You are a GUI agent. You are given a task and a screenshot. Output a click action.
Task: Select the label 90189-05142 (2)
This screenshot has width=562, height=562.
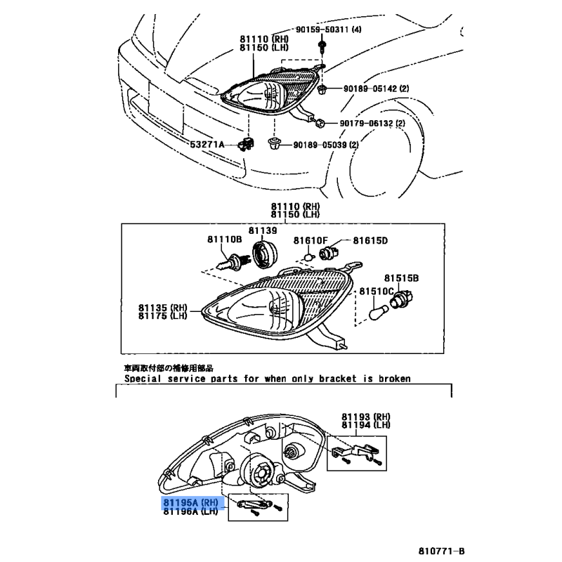[x=376, y=89]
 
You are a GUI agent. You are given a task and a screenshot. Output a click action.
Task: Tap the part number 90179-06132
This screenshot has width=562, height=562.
[x=366, y=124]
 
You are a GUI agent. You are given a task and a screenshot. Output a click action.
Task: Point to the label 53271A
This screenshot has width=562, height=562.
[x=207, y=145]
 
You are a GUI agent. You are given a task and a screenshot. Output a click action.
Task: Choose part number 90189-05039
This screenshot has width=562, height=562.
[x=320, y=145]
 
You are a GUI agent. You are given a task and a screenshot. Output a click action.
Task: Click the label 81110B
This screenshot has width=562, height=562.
[x=224, y=239]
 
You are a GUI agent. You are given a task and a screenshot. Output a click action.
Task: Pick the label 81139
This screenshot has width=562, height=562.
[x=263, y=230]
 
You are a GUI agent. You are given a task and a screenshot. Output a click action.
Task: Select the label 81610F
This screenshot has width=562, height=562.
[x=311, y=240]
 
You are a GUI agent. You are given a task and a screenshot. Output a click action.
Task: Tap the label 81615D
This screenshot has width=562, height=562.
[x=370, y=240]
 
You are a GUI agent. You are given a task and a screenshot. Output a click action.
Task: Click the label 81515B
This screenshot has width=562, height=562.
[x=401, y=278]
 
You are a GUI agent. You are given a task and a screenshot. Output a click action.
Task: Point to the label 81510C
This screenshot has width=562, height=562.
[x=377, y=291]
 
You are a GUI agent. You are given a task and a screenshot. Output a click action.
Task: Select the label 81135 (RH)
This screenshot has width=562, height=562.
[x=163, y=308]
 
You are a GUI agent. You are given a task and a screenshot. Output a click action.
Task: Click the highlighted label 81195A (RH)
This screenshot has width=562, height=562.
[x=190, y=502]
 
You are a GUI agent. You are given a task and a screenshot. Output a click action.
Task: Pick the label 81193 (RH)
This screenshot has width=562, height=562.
[x=366, y=417]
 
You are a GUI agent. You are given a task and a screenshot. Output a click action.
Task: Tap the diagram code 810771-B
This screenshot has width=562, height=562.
[x=441, y=551]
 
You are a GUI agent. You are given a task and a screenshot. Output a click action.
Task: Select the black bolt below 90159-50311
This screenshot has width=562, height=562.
[x=322, y=46]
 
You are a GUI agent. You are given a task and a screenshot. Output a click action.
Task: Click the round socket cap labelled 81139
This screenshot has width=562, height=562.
[x=266, y=254]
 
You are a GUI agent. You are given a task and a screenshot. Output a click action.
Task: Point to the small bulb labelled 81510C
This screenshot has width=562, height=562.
[x=379, y=312]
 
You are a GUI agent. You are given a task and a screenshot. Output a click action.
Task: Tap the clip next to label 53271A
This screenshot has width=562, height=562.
[x=247, y=144]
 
